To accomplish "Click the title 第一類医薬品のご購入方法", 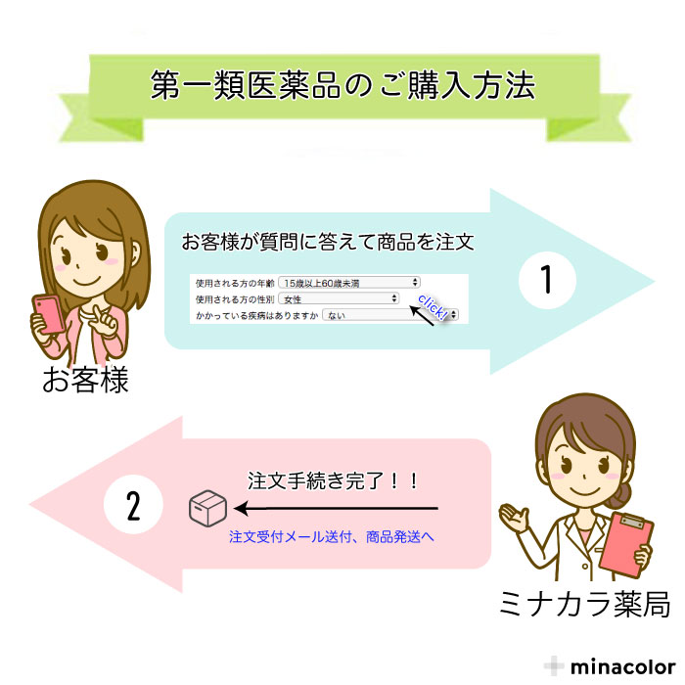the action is point(342,85).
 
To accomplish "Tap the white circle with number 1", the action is point(547,280).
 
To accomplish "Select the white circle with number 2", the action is point(133,505).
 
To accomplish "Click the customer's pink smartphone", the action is point(49,314).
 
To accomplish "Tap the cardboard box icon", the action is point(207,508).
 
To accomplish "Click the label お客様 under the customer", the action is point(86,380).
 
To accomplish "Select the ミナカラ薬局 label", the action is point(584,604).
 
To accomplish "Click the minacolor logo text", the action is point(623,667).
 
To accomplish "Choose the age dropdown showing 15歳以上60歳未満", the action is point(349,283).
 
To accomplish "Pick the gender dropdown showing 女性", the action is point(339,298).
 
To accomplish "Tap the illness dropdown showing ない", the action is point(389,314).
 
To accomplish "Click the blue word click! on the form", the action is point(433,306).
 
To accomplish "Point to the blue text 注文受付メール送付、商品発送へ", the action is point(332,536).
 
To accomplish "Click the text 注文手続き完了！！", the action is point(333,480).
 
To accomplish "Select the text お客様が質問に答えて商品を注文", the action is point(328,242).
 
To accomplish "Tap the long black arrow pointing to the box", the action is point(336,509).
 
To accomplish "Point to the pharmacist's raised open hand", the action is point(515,518).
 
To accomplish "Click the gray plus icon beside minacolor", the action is point(554,666).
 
